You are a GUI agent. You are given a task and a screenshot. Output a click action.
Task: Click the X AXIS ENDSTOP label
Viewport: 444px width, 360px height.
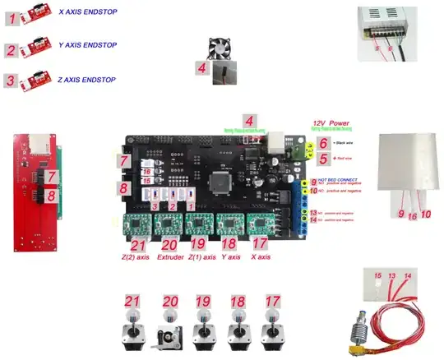89,12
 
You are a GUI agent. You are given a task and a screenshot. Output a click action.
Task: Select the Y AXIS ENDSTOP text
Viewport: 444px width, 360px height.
89,45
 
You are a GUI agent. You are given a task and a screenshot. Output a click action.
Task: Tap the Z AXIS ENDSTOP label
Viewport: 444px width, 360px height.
87,80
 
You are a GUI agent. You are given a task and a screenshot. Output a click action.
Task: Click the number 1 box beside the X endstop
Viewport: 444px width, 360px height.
12,14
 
